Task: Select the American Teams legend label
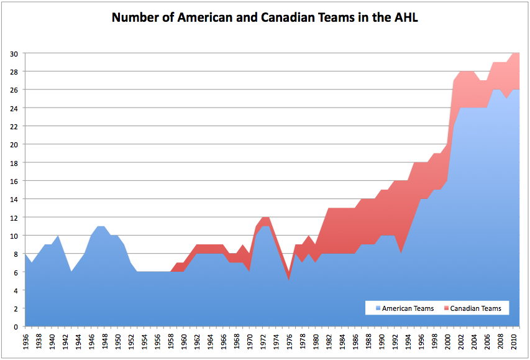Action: coord(408,308)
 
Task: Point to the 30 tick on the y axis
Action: coord(13,53)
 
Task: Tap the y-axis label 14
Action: coord(13,200)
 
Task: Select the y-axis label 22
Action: coord(13,126)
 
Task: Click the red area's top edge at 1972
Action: coord(265,218)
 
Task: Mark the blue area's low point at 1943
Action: coord(71,272)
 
